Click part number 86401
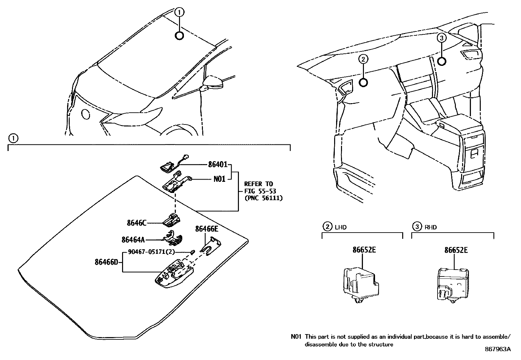(x=218, y=165)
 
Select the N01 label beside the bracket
(x=219, y=179)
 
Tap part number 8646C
(x=136, y=223)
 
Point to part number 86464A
(x=133, y=240)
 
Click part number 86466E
(x=207, y=229)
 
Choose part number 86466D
(x=106, y=262)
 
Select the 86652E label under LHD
(x=364, y=250)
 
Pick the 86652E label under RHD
(x=456, y=250)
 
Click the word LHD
(x=341, y=227)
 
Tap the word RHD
(x=431, y=227)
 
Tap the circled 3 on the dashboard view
(x=441, y=38)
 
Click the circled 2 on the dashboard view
(x=363, y=59)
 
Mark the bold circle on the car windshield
(x=179, y=35)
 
